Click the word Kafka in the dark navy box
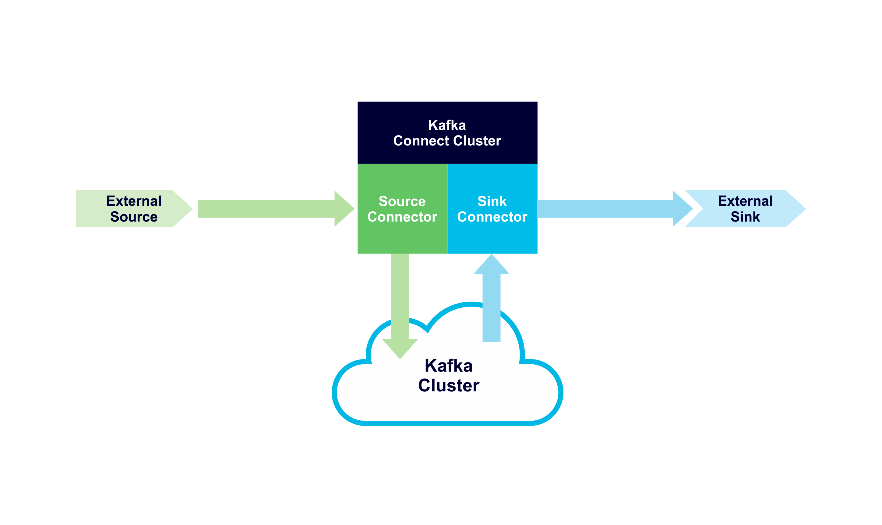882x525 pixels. tap(447, 125)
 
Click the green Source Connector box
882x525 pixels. tap(402, 237)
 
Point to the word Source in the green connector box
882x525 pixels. tap(402, 201)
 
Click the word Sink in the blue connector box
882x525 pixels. tap(492, 201)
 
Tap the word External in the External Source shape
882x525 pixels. tap(134, 201)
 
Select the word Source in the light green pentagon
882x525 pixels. tap(134, 216)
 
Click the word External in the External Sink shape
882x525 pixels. tap(745, 201)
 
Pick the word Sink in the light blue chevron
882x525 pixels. tap(745, 216)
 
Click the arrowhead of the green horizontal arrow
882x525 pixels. tap(343, 209)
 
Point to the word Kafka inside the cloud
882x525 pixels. tap(448, 366)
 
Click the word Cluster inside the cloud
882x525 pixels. tap(448, 385)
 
